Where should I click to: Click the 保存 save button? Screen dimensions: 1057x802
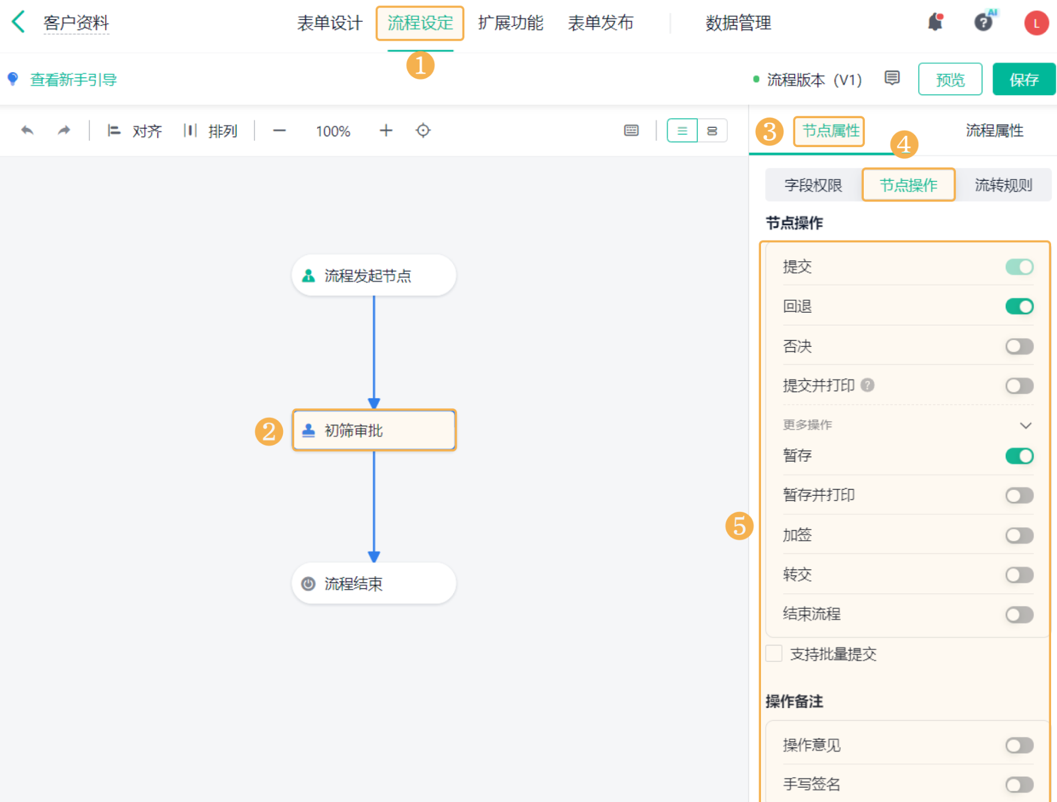(1023, 79)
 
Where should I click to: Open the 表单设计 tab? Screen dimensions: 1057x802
(330, 23)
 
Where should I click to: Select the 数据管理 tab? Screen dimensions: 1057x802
(738, 23)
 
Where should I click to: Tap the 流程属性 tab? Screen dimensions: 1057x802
(994, 131)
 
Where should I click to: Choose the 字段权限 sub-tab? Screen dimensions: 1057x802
(813, 185)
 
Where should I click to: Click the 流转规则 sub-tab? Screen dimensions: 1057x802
(1003, 185)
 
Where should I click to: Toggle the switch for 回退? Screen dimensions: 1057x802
(1019, 306)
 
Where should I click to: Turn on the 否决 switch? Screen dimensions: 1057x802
(1019, 346)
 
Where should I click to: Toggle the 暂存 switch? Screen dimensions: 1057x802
(1019, 456)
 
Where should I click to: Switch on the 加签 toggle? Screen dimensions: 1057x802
(1019, 535)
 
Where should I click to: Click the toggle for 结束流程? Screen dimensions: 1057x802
(1019, 615)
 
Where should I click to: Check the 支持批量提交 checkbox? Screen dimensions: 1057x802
(774, 654)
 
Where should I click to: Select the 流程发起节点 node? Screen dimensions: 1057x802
(374, 275)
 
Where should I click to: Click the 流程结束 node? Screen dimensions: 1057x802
(374, 583)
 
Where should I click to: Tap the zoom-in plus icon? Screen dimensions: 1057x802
(386, 130)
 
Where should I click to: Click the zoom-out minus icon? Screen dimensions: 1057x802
(279, 130)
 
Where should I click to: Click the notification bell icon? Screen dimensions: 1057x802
(935, 22)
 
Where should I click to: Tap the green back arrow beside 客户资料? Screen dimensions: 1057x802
(18, 22)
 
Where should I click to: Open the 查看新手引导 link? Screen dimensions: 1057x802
(73, 79)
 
